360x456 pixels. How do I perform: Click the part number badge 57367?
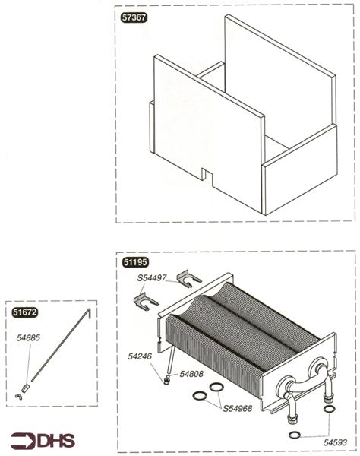click(x=134, y=17)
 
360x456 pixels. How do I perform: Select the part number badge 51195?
click(x=135, y=262)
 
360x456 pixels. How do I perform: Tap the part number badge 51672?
click(x=25, y=312)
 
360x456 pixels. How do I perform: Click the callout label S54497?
click(x=152, y=278)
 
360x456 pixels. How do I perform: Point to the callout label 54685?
click(x=28, y=338)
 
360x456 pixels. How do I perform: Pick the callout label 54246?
click(x=140, y=356)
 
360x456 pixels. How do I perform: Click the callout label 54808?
click(x=191, y=374)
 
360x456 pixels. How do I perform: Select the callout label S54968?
click(x=238, y=409)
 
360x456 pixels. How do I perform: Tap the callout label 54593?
click(x=335, y=442)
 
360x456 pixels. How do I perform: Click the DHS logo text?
click(x=55, y=441)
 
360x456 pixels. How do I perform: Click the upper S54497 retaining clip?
click(x=188, y=279)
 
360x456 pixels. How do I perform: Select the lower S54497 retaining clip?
click(x=145, y=302)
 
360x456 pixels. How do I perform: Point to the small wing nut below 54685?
click(x=18, y=397)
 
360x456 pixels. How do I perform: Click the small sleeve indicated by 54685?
click(x=26, y=388)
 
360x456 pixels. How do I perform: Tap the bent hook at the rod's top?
click(x=89, y=312)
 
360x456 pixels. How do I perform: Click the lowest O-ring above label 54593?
click(x=295, y=435)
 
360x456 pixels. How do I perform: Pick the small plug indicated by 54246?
click(x=166, y=381)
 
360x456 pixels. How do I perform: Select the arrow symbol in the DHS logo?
click(x=24, y=441)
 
